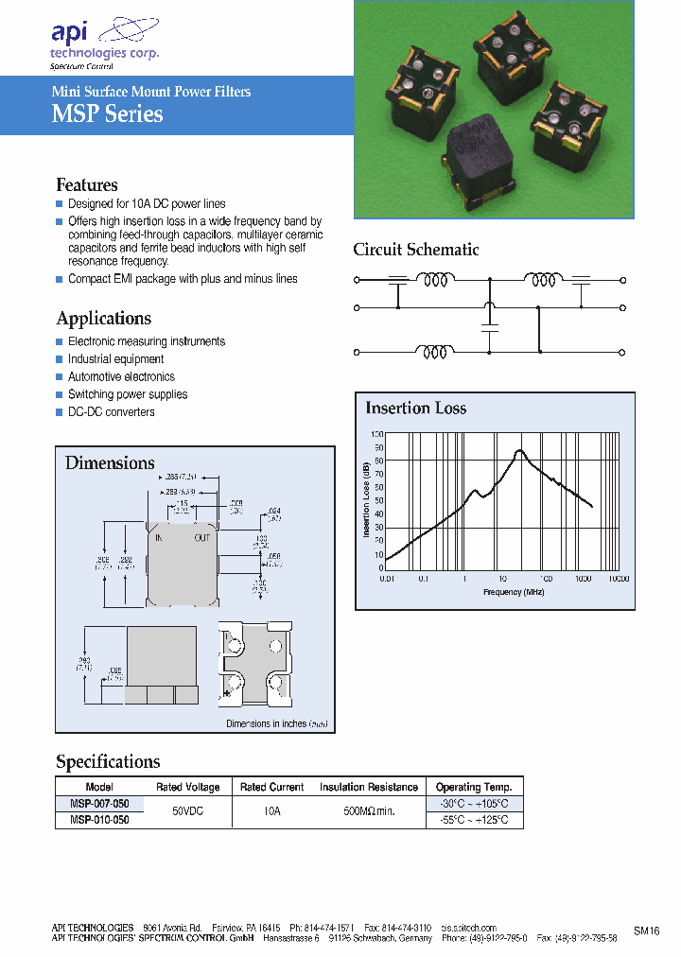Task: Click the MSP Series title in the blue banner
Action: (x=107, y=114)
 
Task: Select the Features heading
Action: (x=87, y=185)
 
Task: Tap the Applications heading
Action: (x=103, y=319)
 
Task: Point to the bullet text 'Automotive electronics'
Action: (x=121, y=376)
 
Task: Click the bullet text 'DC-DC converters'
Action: (x=111, y=412)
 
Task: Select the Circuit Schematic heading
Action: (x=415, y=250)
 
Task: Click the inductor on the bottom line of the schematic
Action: (x=435, y=352)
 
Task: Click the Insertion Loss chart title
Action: (x=415, y=409)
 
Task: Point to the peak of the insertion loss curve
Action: (x=519, y=451)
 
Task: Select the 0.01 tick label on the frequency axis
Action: (x=386, y=578)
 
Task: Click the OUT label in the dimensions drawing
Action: (x=202, y=537)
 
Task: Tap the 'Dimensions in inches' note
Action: (x=276, y=723)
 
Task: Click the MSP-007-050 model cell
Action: (x=99, y=803)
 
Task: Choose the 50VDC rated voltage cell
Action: (x=187, y=811)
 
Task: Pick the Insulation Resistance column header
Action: (x=368, y=787)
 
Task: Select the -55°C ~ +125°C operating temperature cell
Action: (x=473, y=820)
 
